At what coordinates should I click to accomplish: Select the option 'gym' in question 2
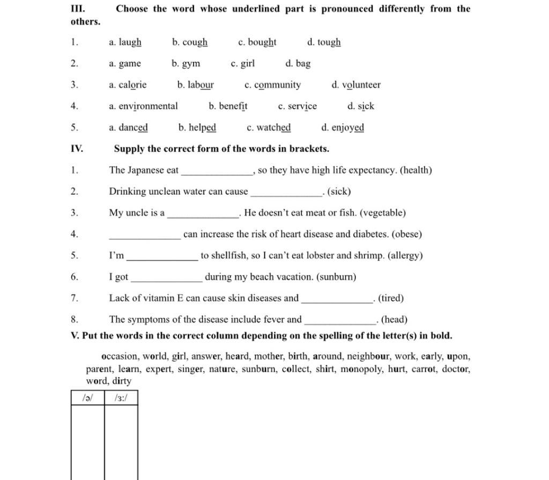(x=191, y=64)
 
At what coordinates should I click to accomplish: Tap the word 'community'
(x=277, y=85)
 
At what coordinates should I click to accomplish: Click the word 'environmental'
(x=148, y=106)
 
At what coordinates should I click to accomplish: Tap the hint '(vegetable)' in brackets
(x=383, y=213)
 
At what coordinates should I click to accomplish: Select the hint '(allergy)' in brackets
(x=403, y=256)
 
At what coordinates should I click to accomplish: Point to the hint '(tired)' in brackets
(x=391, y=298)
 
